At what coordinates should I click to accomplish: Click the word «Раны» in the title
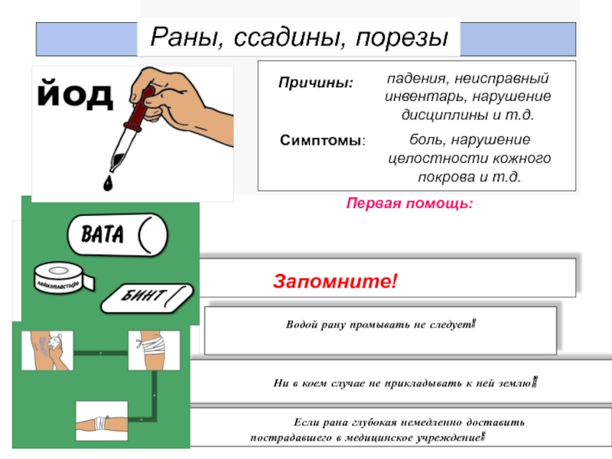point(181,36)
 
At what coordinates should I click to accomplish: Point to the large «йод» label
point(75,95)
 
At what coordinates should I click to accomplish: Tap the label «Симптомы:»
point(322,142)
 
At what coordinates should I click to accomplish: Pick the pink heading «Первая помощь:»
point(410,204)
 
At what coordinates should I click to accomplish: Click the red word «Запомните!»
point(336,282)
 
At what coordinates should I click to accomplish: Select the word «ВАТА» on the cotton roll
point(102,234)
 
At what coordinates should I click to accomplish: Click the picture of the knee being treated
point(47,351)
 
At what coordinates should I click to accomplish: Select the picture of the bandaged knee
point(154,351)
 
